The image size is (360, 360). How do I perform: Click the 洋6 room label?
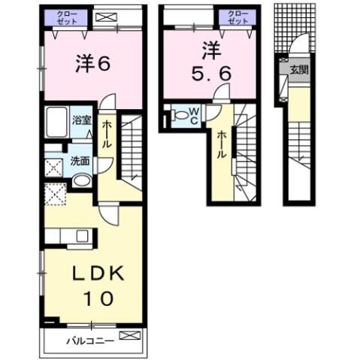(x=92, y=64)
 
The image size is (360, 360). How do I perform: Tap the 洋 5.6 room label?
(x=208, y=63)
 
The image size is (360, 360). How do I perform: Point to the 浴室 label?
(x=81, y=119)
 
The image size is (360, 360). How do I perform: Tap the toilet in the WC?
(x=178, y=116)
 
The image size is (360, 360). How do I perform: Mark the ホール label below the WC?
(x=222, y=144)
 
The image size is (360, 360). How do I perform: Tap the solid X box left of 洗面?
(x=53, y=166)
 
